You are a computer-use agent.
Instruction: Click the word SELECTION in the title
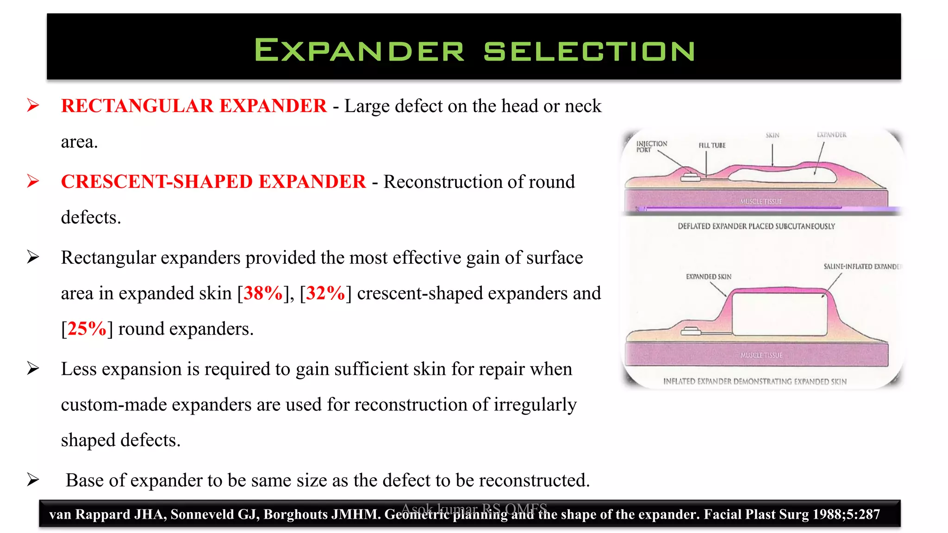589,51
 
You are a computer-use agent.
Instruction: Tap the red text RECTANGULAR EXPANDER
193,106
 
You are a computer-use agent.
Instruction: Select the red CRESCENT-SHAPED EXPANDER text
213,182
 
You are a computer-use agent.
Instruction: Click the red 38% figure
263,293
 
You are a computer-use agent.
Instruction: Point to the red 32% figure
325,293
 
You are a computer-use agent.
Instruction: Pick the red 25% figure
87,329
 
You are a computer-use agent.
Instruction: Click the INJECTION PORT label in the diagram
651,147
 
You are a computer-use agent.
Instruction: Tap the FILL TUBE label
712,145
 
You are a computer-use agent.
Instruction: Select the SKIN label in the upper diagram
772,136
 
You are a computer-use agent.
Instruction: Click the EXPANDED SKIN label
708,277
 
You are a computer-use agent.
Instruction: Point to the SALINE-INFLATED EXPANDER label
862,266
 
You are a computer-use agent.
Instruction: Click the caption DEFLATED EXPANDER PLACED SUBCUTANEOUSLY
756,226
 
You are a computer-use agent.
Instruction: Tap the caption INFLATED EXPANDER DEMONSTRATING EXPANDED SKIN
755,382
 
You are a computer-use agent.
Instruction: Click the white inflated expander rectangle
780,315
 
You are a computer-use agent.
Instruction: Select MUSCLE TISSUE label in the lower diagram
761,355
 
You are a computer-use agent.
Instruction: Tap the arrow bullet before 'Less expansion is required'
33,369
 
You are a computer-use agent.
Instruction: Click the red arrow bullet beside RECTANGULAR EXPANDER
33,105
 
